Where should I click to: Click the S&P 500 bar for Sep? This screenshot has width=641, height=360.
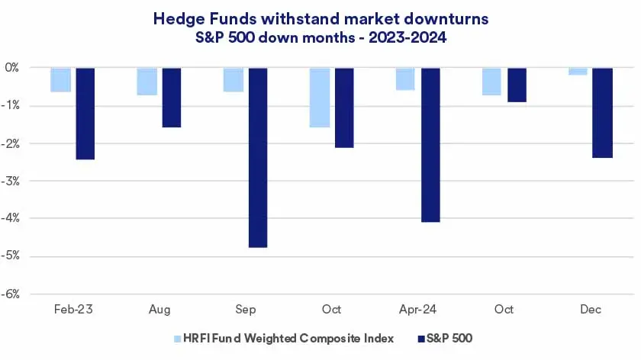(x=258, y=157)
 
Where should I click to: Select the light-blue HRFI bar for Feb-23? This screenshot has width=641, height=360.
(x=61, y=79)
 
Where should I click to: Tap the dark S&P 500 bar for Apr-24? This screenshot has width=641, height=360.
(x=430, y=144)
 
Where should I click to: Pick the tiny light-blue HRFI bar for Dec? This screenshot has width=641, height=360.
(x=578, y=71)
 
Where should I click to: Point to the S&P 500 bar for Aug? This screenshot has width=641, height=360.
(x=172, y=97)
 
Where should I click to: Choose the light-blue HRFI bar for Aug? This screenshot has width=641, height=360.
(x=147, y=81)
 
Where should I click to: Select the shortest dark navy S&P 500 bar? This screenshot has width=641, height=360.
(x=517, y=85)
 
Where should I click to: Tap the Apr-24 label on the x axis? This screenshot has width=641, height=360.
(x=418, y=310)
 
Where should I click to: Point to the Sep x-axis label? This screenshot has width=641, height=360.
(x=246, y=310)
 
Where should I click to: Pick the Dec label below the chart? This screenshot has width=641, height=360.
(x=591, y=310)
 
